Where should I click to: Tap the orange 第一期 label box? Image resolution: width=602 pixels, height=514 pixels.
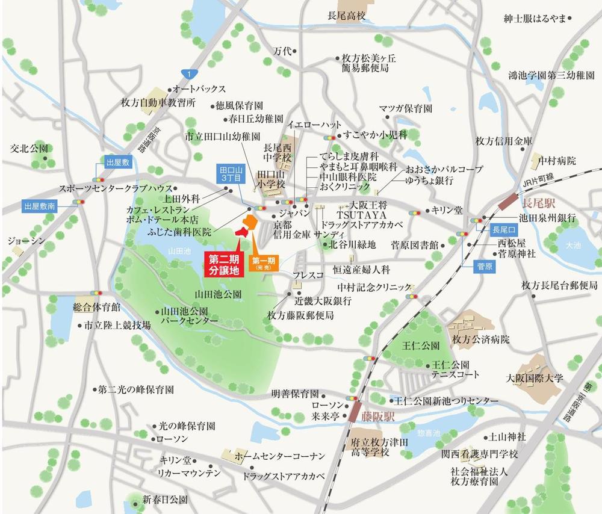coord(264,263)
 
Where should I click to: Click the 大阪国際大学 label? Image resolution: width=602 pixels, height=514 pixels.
coord(535,379)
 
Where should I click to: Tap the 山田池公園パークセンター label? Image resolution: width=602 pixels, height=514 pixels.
coord(185,317)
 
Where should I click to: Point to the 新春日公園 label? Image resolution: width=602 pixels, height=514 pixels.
coord(165,500)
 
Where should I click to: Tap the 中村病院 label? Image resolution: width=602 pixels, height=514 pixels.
coord(557,161)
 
